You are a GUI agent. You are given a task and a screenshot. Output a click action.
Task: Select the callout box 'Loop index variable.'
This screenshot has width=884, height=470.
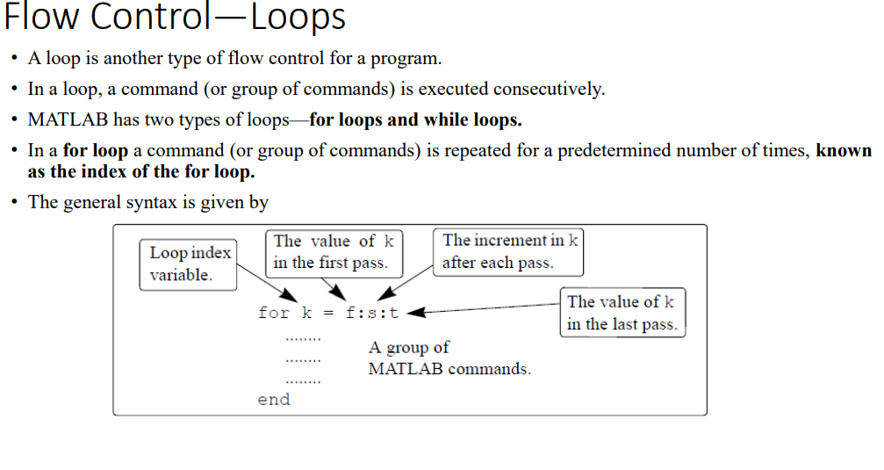coord(190,264)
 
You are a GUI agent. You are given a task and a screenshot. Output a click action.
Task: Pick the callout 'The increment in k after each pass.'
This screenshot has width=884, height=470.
coord(509,251)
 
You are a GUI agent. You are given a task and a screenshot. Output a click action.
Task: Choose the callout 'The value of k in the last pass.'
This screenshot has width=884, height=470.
coord(622,313)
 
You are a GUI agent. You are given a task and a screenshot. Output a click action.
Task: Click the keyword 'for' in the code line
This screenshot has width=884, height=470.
coord(273,313)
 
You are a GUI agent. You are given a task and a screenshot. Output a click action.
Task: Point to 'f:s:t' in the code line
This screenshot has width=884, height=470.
coord(373,313)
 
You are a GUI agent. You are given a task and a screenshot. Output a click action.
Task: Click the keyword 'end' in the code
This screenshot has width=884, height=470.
coord(273,400)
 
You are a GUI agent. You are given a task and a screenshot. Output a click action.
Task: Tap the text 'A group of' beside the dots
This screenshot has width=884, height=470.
coord(409,347)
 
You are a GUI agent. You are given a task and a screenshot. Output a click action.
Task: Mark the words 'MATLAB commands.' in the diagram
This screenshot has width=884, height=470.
coord(449,369)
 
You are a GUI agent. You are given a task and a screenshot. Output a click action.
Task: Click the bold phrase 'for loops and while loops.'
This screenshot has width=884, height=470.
coord(415,119)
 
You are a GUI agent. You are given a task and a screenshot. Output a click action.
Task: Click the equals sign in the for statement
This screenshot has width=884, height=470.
coord(327,313)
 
